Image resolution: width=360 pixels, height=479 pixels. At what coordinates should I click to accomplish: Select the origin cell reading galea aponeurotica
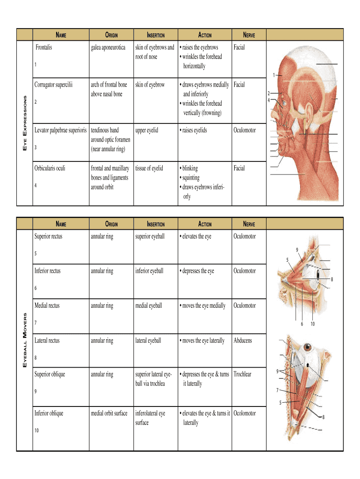[x=108, y=47]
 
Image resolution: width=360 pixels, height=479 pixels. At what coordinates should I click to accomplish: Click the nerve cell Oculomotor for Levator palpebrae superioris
[x=245, y=130]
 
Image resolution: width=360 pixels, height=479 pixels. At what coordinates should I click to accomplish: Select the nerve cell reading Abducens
[x=243, y=341]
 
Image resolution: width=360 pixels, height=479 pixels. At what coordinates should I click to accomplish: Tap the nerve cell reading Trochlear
[x=243, y=374]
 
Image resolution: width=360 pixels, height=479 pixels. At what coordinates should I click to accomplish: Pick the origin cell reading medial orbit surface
[x=109, y=413]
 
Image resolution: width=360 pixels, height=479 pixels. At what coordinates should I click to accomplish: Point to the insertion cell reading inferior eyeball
[x=149, y=271]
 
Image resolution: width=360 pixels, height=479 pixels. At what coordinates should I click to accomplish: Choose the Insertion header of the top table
[x=156, y=35]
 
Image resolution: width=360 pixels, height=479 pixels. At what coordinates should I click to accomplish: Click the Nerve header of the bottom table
[x=248, y=224]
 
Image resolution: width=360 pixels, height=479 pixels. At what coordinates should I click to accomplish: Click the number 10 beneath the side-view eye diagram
[x=312, y=324]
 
